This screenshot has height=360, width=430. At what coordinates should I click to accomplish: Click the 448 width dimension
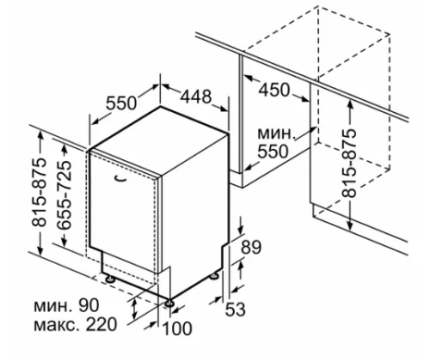(x=196, y=96)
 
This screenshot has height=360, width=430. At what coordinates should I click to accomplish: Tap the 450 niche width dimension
(x=274, y=90)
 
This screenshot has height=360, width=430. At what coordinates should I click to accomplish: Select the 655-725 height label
(x=65, y=195)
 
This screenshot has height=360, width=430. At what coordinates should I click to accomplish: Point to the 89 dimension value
(x=251, y=247)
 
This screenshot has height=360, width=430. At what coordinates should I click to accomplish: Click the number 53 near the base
(x=235, y=309)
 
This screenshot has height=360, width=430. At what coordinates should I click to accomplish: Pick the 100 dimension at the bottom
(x=177, y=329)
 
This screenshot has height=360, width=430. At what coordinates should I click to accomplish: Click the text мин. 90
(x=67, y=305)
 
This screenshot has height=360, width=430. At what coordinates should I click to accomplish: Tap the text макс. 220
(x=76, y=324)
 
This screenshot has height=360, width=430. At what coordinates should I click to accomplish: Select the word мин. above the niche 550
(x=276, y=133)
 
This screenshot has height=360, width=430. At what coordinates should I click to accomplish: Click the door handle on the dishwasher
(x=120, y=179)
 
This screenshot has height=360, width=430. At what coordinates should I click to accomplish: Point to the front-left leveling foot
(x=110, y=279)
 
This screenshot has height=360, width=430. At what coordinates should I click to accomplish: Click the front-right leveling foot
(x=169, y=304)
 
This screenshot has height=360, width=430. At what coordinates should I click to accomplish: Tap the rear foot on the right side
(x=214, y=276)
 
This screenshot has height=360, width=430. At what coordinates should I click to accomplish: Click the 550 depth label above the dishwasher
(x=121, y=104)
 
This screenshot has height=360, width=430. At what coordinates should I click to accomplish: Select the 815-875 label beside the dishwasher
(x=40, y=192)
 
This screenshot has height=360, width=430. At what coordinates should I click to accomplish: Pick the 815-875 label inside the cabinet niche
(x=350, y=163)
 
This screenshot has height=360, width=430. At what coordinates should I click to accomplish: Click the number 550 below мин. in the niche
(x=273, y=151)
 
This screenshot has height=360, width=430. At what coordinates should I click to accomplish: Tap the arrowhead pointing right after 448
(x=224, y=109)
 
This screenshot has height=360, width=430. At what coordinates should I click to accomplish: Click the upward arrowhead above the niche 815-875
(x=350, y=105)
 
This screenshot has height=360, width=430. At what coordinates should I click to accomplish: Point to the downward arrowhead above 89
(x=240, y=230)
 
